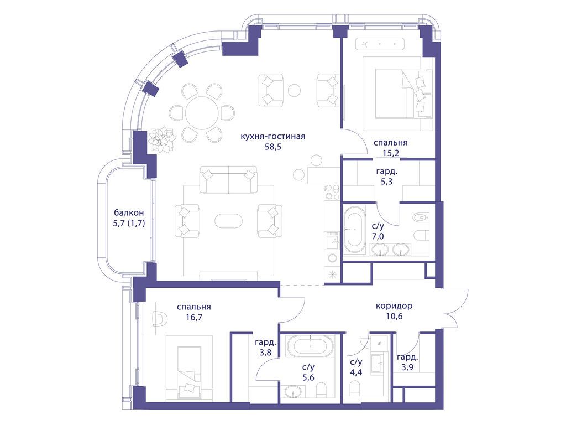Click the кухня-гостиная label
[273, 136]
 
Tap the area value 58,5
[273, 147]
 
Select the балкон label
[129, 212]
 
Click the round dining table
[202, 113]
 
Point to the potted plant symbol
[163, 139]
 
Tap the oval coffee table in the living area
[229, 220]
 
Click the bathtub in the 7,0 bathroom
[354, 230]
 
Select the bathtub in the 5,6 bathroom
[311, 346]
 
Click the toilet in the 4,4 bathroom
[355, 389]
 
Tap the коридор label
[394, 306]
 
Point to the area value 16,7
[193, 317]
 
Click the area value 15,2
[391, 153]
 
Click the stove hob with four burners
[332, 192]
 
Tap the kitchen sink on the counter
[332, 240]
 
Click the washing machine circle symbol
[332, 258]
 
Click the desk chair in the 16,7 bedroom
[158, 319]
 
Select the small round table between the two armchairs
[294, 90]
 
